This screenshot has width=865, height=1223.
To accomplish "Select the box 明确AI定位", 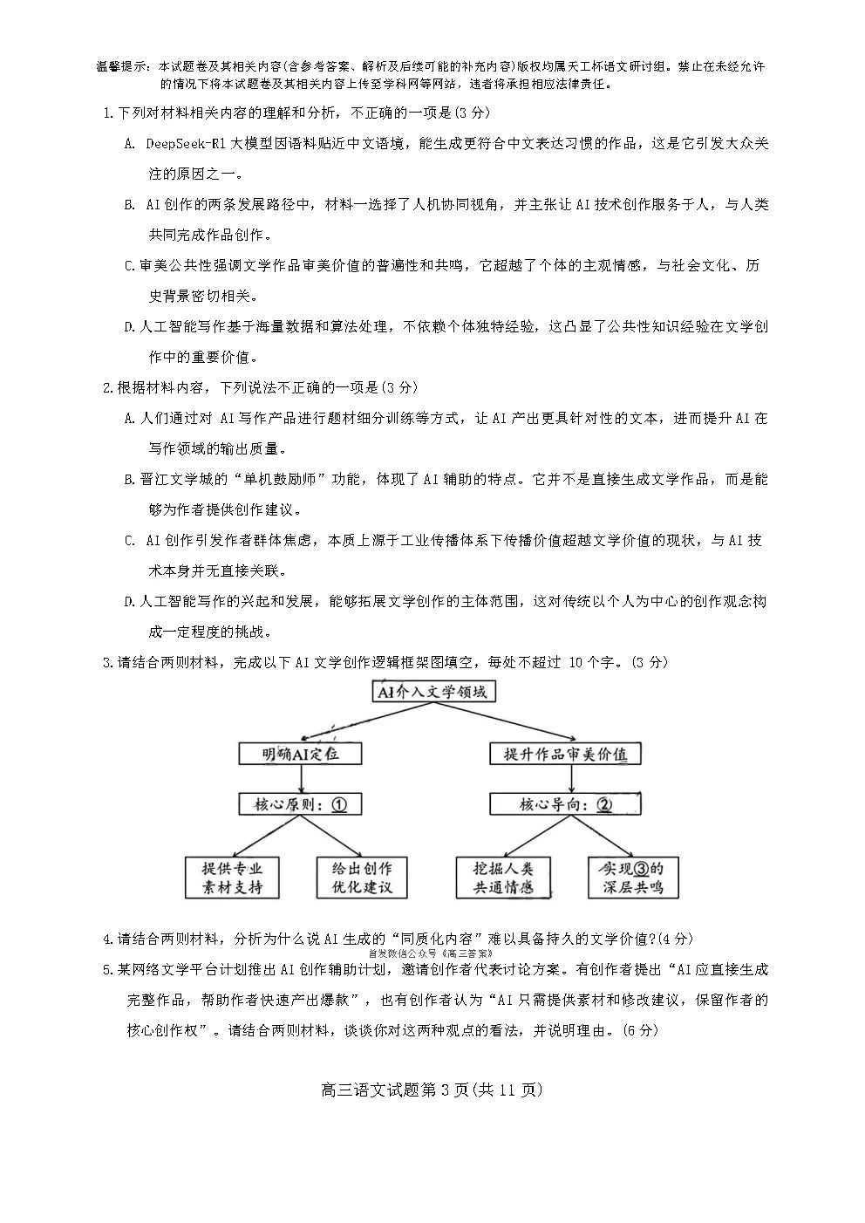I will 300,754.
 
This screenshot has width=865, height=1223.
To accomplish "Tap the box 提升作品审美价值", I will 565,754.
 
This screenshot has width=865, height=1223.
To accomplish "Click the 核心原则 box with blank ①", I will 300,804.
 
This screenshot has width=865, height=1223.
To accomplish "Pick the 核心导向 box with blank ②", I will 565,804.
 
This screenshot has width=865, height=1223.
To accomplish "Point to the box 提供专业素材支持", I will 232,878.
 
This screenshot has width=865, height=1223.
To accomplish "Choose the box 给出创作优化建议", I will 361,878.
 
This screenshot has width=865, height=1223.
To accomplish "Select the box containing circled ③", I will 631,878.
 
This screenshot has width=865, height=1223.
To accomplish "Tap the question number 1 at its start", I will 107,113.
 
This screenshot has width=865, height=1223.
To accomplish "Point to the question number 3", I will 107,663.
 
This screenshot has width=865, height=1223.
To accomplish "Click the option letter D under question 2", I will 129,602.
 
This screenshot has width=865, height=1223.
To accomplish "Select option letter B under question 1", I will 129,205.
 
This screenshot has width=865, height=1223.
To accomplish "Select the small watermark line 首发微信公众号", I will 431,954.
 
